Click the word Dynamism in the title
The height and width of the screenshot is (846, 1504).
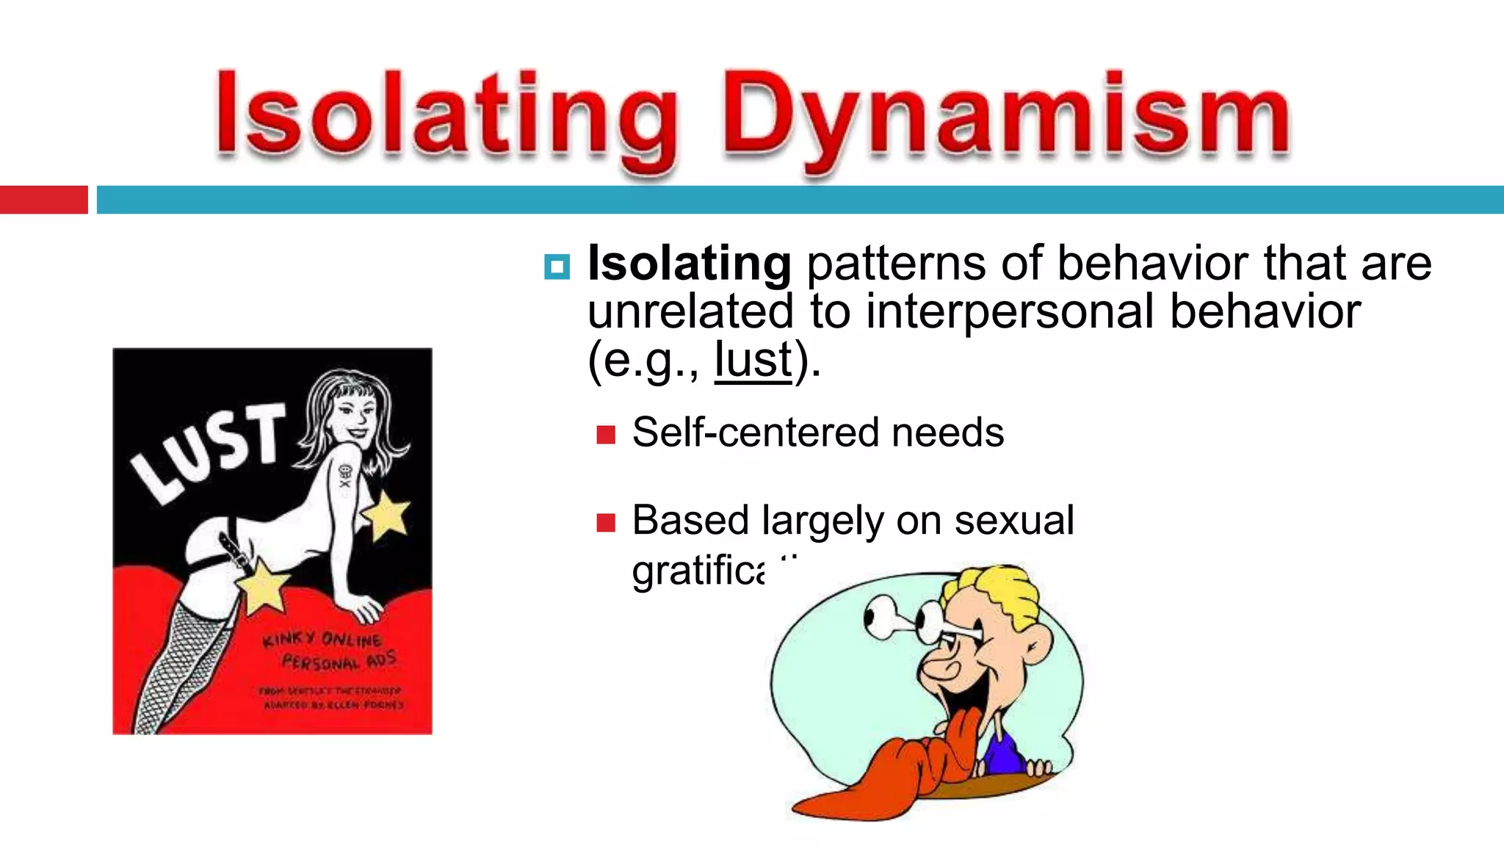tap(1006, 117)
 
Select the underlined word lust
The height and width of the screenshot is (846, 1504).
tap(753, 360)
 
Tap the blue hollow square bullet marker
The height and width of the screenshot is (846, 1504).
tap(557, 267)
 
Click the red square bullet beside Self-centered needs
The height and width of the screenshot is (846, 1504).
tap(606, 435)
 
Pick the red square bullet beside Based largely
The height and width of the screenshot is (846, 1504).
tap(606, 523)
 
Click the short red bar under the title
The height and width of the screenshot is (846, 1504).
tap(43, 200)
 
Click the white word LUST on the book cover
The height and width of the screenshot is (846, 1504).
tap(209, 452)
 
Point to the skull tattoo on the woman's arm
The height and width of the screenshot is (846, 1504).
tap(345, 476)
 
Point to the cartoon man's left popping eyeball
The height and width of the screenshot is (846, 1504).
tap(881, 617)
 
